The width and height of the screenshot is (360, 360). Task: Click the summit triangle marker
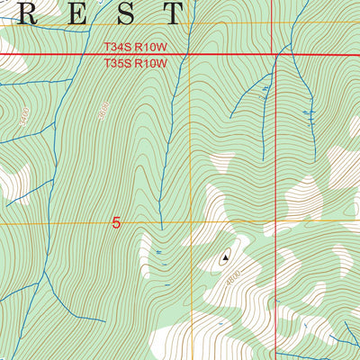tap(224, 256)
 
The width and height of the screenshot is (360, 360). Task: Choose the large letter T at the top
tap(168, 13)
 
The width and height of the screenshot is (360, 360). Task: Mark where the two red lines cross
tap(274, 55)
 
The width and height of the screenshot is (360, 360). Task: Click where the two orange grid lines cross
tap(190, 221)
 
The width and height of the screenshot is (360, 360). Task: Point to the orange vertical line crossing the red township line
tap(190, 55)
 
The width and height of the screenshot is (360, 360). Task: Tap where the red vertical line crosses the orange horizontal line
tap(274, 221)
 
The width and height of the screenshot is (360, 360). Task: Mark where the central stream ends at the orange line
tap(162, 221)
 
